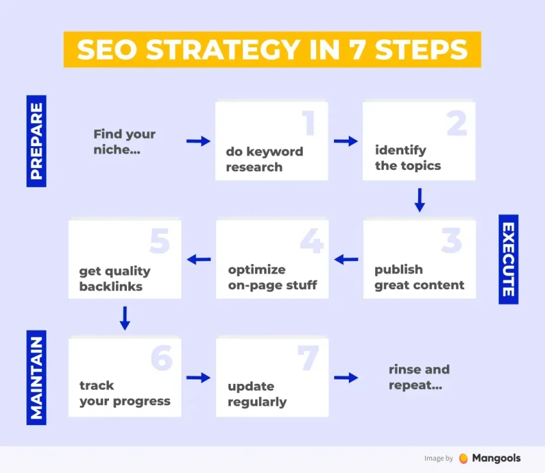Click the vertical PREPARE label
[x=36, y=141]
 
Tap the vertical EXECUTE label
[x=508, y=260]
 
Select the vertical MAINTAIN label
[x=36, y=378]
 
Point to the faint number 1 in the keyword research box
[x=309, y=122]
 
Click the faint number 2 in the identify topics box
[x=457, y=122]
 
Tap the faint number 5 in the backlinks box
[x=160, y=241]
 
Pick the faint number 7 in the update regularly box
[x=308, y=358]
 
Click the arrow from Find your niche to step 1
[x=198, y=141]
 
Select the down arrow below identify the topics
[x=420, y=200]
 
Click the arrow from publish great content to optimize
[x=346, y=260]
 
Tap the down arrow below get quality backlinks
[x=125, y=318]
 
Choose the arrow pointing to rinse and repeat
[x=346, y=378]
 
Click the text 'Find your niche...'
[x=124, y=142]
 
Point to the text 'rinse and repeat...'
[x=419, y=377]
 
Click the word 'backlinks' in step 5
[x=111, y=286]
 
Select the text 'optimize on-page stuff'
[x=272, y=278]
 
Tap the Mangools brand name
[x=496, y=458]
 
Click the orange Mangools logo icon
[x=464, y=458]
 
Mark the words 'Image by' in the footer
[x=439, y=458]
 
